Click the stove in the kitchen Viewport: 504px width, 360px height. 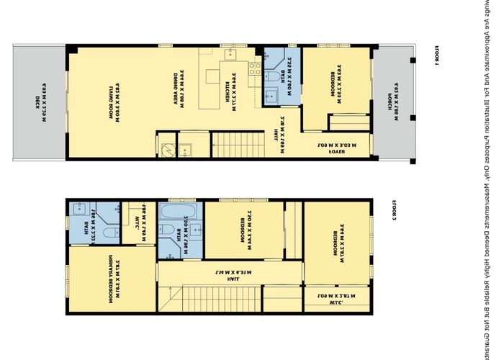(x=254, y=69)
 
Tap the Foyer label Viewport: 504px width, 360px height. (x=333, y=148)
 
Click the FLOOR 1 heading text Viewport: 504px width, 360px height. (x=436, y=55)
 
